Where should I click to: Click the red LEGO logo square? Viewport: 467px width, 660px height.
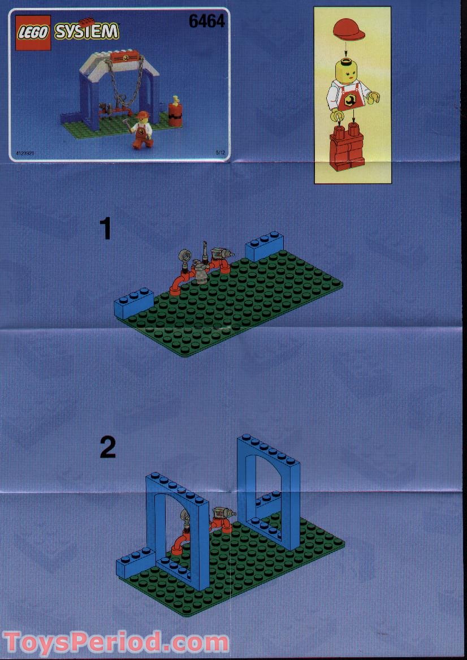33,32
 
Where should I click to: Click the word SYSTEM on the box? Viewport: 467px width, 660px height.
87,32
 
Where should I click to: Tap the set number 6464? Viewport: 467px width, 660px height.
206,21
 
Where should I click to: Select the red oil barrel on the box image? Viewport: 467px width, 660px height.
175,114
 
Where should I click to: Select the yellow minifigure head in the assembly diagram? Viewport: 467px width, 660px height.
351,71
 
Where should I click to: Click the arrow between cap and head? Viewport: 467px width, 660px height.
351,50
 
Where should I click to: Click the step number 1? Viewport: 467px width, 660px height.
106,230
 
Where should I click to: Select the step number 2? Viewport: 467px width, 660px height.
107,448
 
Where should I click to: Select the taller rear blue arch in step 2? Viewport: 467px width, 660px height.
269,486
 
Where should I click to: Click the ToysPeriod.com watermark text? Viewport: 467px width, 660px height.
116,642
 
